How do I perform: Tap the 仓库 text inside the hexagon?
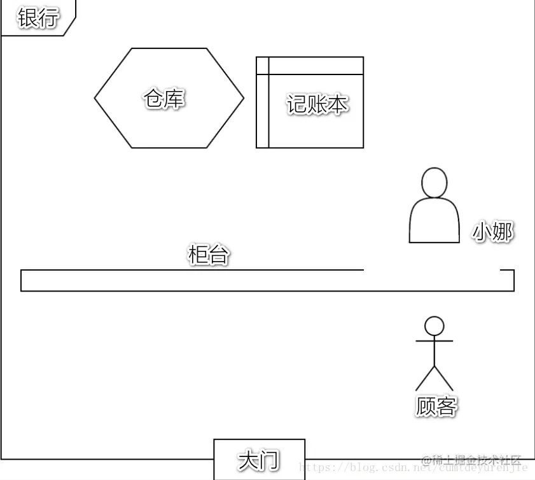(164, 99)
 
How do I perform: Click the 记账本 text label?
(317, 104)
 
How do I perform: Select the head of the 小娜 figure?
(434, 183)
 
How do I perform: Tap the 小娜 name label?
(492, 232)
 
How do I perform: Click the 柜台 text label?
(208, 255)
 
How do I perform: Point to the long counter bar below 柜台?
(191, 281)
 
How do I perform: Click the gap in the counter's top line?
(431, 271)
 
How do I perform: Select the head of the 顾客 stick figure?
(434, 326)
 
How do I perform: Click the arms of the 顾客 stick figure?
(434, 341)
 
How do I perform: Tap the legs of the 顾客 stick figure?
(434, 379)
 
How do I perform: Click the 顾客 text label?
(436, 406)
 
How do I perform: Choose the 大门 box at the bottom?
(259, 459)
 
